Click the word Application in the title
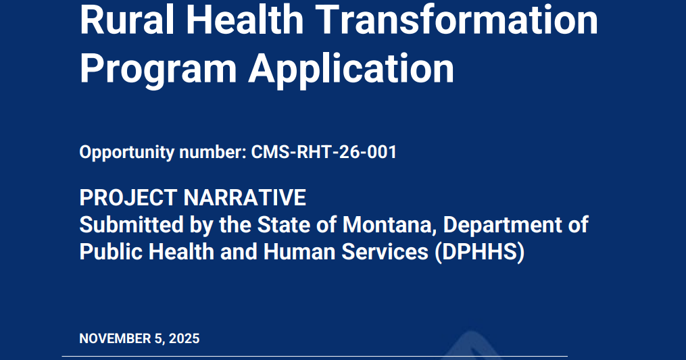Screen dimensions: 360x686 click(351, 69)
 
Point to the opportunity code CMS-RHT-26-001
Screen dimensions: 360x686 click(324, 153)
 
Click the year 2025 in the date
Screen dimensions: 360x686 click(184, 338)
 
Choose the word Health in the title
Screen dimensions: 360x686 click(247, 20)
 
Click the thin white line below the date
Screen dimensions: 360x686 click(314, 356)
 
